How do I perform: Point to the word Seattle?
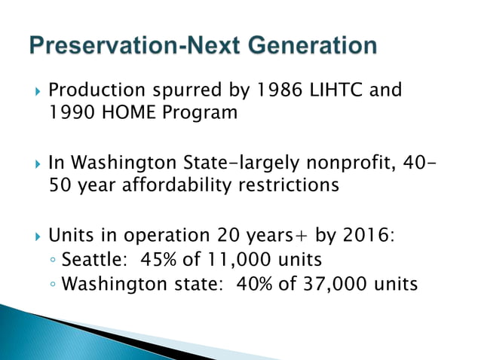(87, 260)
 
